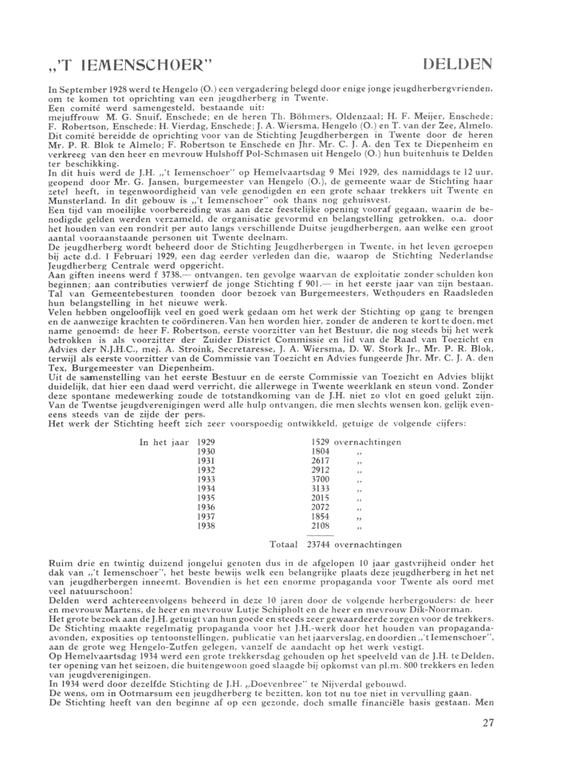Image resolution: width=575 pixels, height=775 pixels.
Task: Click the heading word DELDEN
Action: coord(459,65)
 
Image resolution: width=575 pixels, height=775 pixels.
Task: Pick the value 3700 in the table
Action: coord(322,480)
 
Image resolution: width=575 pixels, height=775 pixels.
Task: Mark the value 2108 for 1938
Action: coord(322,527)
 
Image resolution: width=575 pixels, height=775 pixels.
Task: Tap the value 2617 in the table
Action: coord(322,461)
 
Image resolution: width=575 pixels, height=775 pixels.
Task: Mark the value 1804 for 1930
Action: coord(322,452)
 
